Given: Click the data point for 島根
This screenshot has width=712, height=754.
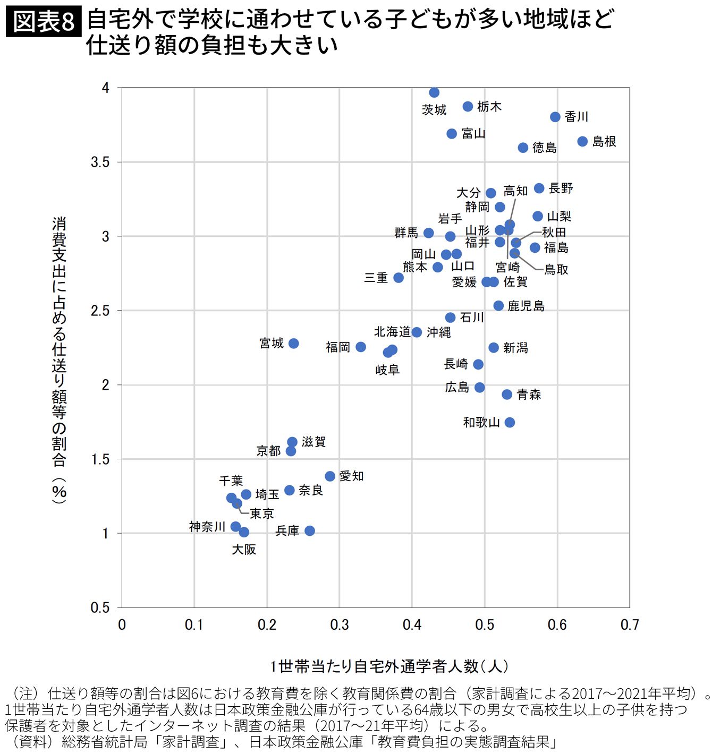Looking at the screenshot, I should coord(582,141).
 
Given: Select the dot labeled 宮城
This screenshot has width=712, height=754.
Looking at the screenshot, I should coord(293,344).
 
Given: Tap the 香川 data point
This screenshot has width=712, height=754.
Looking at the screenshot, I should coord(555,117).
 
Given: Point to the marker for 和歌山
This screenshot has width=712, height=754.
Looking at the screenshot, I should coord(510,422).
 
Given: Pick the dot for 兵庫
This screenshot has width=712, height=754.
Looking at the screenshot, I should coord(310,530).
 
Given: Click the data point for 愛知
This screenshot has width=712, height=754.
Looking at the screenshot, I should coord(330,476).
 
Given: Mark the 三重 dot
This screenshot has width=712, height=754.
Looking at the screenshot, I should coord(399,278).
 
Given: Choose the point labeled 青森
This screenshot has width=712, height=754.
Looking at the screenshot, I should coord(507,395).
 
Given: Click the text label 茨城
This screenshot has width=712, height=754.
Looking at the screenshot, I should coord(434,110).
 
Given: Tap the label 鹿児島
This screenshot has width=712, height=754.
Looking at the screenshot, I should coord(526,306).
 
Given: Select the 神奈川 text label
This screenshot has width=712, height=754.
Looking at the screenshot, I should coord(207,527).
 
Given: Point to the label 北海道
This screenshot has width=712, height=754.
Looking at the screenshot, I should coord(392,332).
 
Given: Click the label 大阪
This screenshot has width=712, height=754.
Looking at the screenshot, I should coord(244,550).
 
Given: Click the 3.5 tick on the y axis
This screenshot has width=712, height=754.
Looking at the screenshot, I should coord(100,162).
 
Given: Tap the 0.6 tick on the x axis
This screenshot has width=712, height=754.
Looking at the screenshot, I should coord(557,625).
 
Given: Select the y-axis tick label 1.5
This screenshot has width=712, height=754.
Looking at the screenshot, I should coord(100,459).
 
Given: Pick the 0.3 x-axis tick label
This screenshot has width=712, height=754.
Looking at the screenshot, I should coord(339,625).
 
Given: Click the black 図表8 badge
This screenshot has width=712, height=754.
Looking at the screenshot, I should coord(44,22).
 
